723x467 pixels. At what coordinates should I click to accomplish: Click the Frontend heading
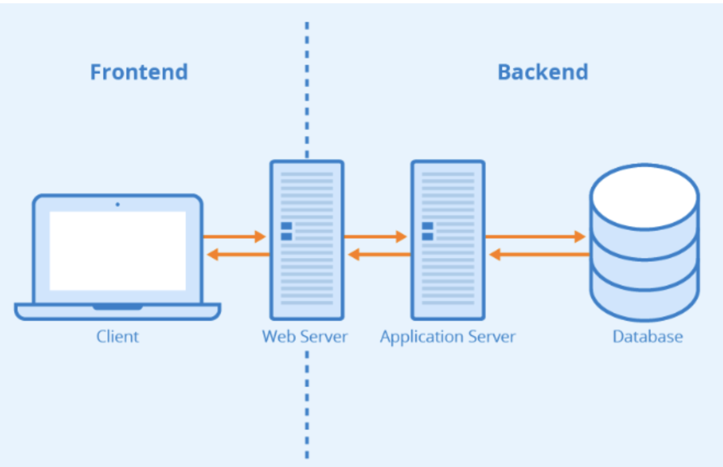pos(139,72)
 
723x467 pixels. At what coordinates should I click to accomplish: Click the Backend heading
pos(542,72)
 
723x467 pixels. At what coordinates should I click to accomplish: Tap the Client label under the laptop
pos(118,336)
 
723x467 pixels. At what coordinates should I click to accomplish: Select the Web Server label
pos(305,336)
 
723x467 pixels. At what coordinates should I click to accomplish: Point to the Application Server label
pos(447,336)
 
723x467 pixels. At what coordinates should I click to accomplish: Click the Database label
pos(648,336)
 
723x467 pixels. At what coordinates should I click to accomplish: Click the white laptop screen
pos(118,251)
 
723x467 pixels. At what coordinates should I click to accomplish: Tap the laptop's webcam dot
pos(118,204)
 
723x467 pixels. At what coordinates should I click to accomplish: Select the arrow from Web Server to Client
pos(238,254)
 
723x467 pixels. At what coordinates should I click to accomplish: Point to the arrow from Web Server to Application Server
pos(375,237)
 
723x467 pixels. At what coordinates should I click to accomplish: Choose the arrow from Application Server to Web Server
pos(379,254)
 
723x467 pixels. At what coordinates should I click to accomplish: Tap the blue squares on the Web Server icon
pos(286,231)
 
